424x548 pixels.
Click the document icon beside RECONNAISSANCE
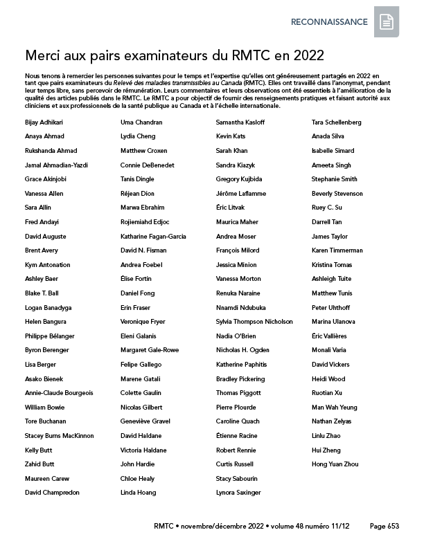click(x=387, y=23)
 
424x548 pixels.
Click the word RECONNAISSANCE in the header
click(x=329, y=22)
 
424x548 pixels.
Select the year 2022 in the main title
click(x=306, y=55)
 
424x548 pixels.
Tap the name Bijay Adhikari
click(x=44, y=122)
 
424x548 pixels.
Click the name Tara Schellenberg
click(x=337, y=122)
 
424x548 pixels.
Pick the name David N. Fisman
click(x=143, y=250)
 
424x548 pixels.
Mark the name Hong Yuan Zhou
click(x=335, y=464)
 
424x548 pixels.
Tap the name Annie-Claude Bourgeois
click(x=59, y=393)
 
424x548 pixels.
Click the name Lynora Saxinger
click(x=238, y=493)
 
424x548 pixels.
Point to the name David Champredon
click(x=52, y=493)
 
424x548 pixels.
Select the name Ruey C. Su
click(x=327, y=208)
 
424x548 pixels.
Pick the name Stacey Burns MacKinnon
click(x=59, y=436)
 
